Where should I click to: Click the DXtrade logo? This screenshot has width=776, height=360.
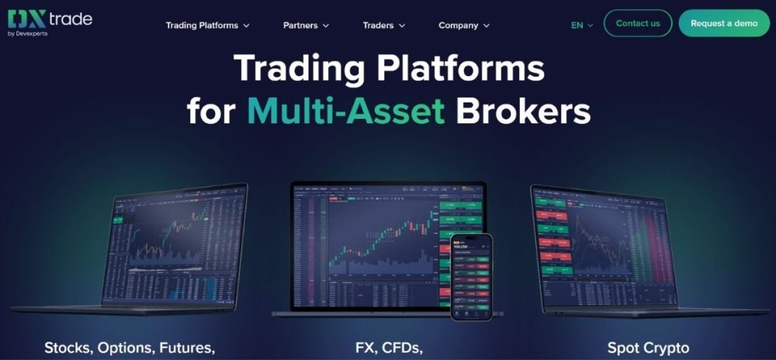[49, 18]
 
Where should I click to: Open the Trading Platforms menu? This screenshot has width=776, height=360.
[207, 26]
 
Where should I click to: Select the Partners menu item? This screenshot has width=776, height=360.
[306, 26]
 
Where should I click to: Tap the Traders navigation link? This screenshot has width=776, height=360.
[384, 26]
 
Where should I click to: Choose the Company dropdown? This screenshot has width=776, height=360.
[464, 26]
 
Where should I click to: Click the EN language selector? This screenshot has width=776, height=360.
[581, 25]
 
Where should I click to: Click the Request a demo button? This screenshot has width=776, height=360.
[723, 23]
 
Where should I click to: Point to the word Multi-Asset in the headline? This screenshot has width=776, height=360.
[346, 111]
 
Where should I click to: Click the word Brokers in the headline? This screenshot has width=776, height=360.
[523, 111]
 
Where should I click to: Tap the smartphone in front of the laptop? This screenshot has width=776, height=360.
[471, 275]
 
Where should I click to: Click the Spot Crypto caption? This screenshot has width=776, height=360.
[648, 348]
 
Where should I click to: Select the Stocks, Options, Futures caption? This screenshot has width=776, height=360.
[130, 348]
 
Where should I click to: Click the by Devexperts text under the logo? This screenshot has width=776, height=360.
[27, 33]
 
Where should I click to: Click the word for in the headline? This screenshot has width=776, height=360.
[211, 111]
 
